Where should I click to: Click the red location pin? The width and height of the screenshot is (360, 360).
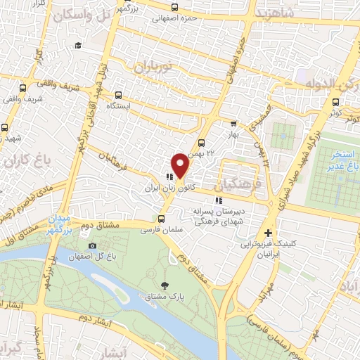pyautogui.click(x=181, y=165)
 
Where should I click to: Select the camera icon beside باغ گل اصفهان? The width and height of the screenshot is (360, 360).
pyautogui.click(x=93, y=245)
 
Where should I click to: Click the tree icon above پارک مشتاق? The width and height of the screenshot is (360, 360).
pyautogui.click(x=165, y=285)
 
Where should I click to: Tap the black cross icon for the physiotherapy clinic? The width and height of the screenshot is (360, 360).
pyautogui.click(x=269, y=233)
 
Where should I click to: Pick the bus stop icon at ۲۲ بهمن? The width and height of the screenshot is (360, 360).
pyautogui.click(x=202, y=143)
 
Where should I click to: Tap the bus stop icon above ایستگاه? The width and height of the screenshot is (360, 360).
pyautogui.click(x=118, y=94)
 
